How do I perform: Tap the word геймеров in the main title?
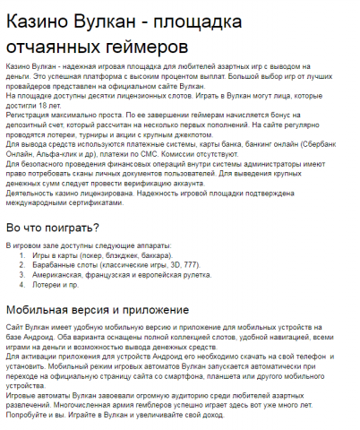(x=143, y=44)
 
